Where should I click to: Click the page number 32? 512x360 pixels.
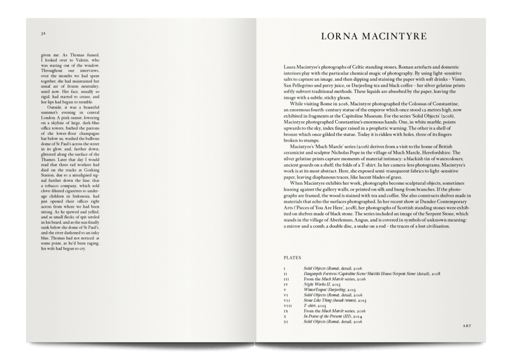pos(43,34)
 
